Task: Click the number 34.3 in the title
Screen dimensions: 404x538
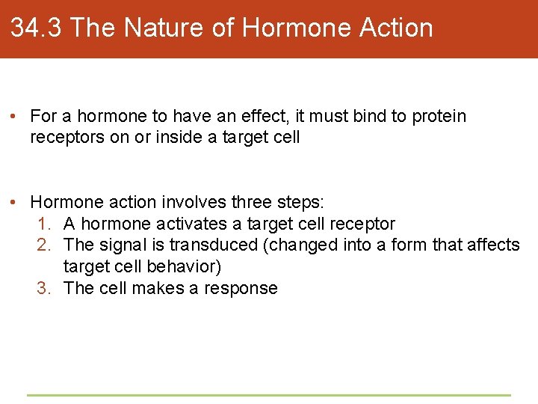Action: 37,28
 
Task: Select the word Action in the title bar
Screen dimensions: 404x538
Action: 396,28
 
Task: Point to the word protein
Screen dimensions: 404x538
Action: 439,117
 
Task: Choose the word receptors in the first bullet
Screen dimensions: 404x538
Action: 64,138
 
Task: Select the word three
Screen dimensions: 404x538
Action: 253,202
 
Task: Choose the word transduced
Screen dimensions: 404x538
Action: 210,245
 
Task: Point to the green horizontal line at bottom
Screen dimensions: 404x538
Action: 269,395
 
